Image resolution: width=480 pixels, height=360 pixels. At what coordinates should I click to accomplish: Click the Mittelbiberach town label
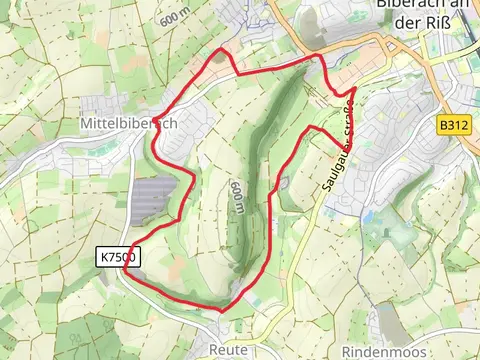tap(128, 123)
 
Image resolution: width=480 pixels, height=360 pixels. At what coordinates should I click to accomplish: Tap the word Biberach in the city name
tap(415, 4)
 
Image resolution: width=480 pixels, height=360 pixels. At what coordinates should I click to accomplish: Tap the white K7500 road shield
tap(119, 258)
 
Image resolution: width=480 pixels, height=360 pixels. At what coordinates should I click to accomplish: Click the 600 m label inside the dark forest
tap(237, 197)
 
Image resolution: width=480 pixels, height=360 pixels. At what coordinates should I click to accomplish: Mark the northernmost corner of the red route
tap(222, 48)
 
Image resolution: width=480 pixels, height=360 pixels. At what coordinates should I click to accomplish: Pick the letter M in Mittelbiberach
tap(83, 123)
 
